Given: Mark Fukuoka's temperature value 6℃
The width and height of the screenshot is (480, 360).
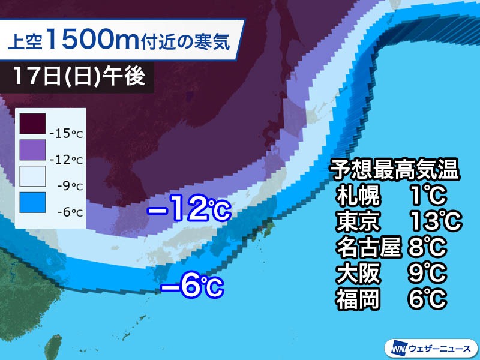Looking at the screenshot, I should point(430,299).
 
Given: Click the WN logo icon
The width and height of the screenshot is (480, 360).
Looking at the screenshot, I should point(398,347).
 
